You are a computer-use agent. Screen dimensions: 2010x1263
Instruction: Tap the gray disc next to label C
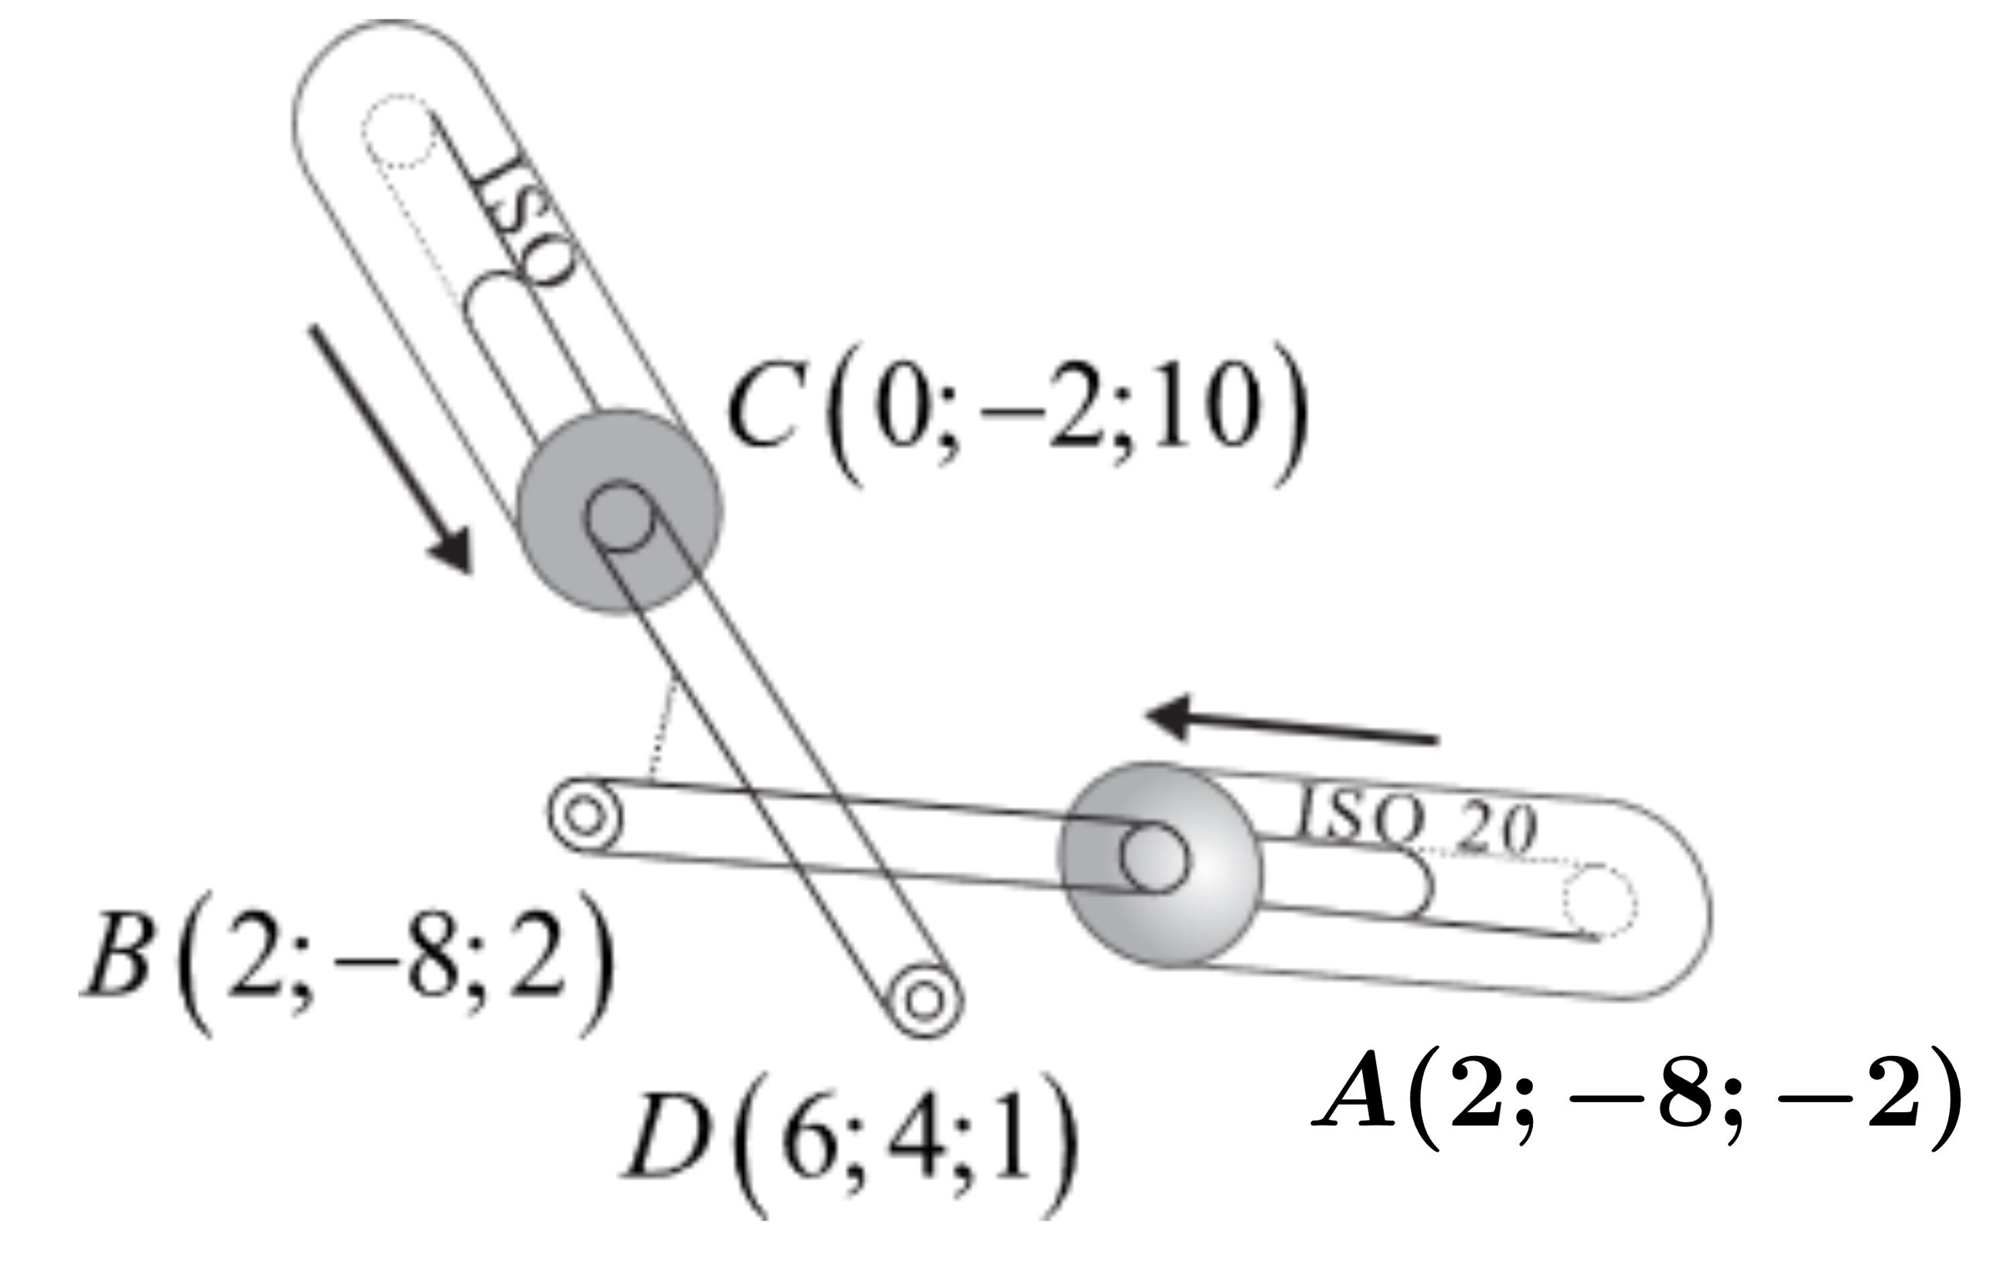(618, 512)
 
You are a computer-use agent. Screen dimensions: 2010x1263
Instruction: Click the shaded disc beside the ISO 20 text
(1160, 863)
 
